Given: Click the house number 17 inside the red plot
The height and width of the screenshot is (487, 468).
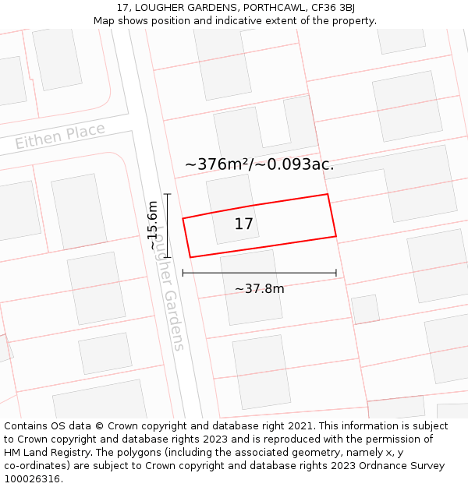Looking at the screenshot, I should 244,224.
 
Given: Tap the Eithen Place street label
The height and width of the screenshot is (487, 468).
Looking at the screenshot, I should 60,136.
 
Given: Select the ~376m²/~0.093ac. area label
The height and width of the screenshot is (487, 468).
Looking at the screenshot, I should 259,164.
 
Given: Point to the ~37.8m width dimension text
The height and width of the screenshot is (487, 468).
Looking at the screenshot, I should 260,289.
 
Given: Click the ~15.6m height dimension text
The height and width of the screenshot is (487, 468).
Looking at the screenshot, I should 153,225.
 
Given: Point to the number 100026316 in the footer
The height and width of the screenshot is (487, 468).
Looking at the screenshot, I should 32,478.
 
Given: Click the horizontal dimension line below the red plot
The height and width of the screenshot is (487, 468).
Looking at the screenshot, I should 259,273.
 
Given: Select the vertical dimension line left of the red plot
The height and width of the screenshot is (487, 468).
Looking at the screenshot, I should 167,225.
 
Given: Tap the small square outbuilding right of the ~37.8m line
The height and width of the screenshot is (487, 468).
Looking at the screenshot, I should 365,309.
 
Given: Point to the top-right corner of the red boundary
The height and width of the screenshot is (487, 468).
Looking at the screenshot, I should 327,195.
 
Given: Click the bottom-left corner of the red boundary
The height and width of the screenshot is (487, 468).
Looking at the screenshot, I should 190,257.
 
